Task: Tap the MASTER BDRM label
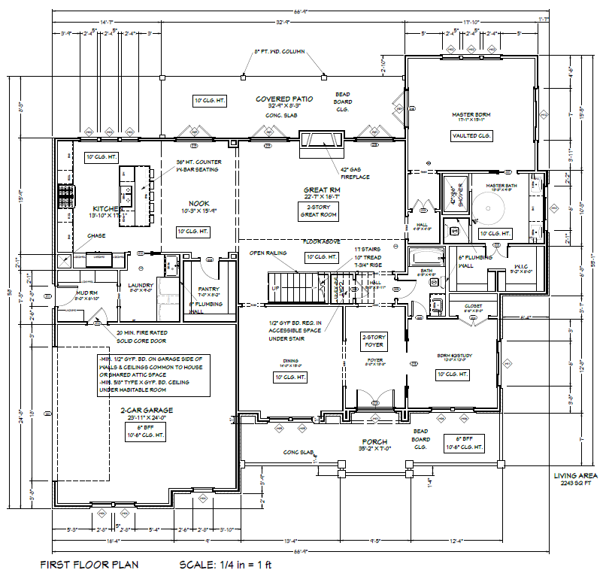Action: pos(471,113)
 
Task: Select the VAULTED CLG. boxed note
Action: pos(471,136)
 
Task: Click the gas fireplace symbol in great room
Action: pos(321,140)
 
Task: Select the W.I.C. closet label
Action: pos(520,265)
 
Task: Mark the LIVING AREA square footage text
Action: pos(576,479)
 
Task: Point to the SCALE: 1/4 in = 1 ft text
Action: pos(224,563)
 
